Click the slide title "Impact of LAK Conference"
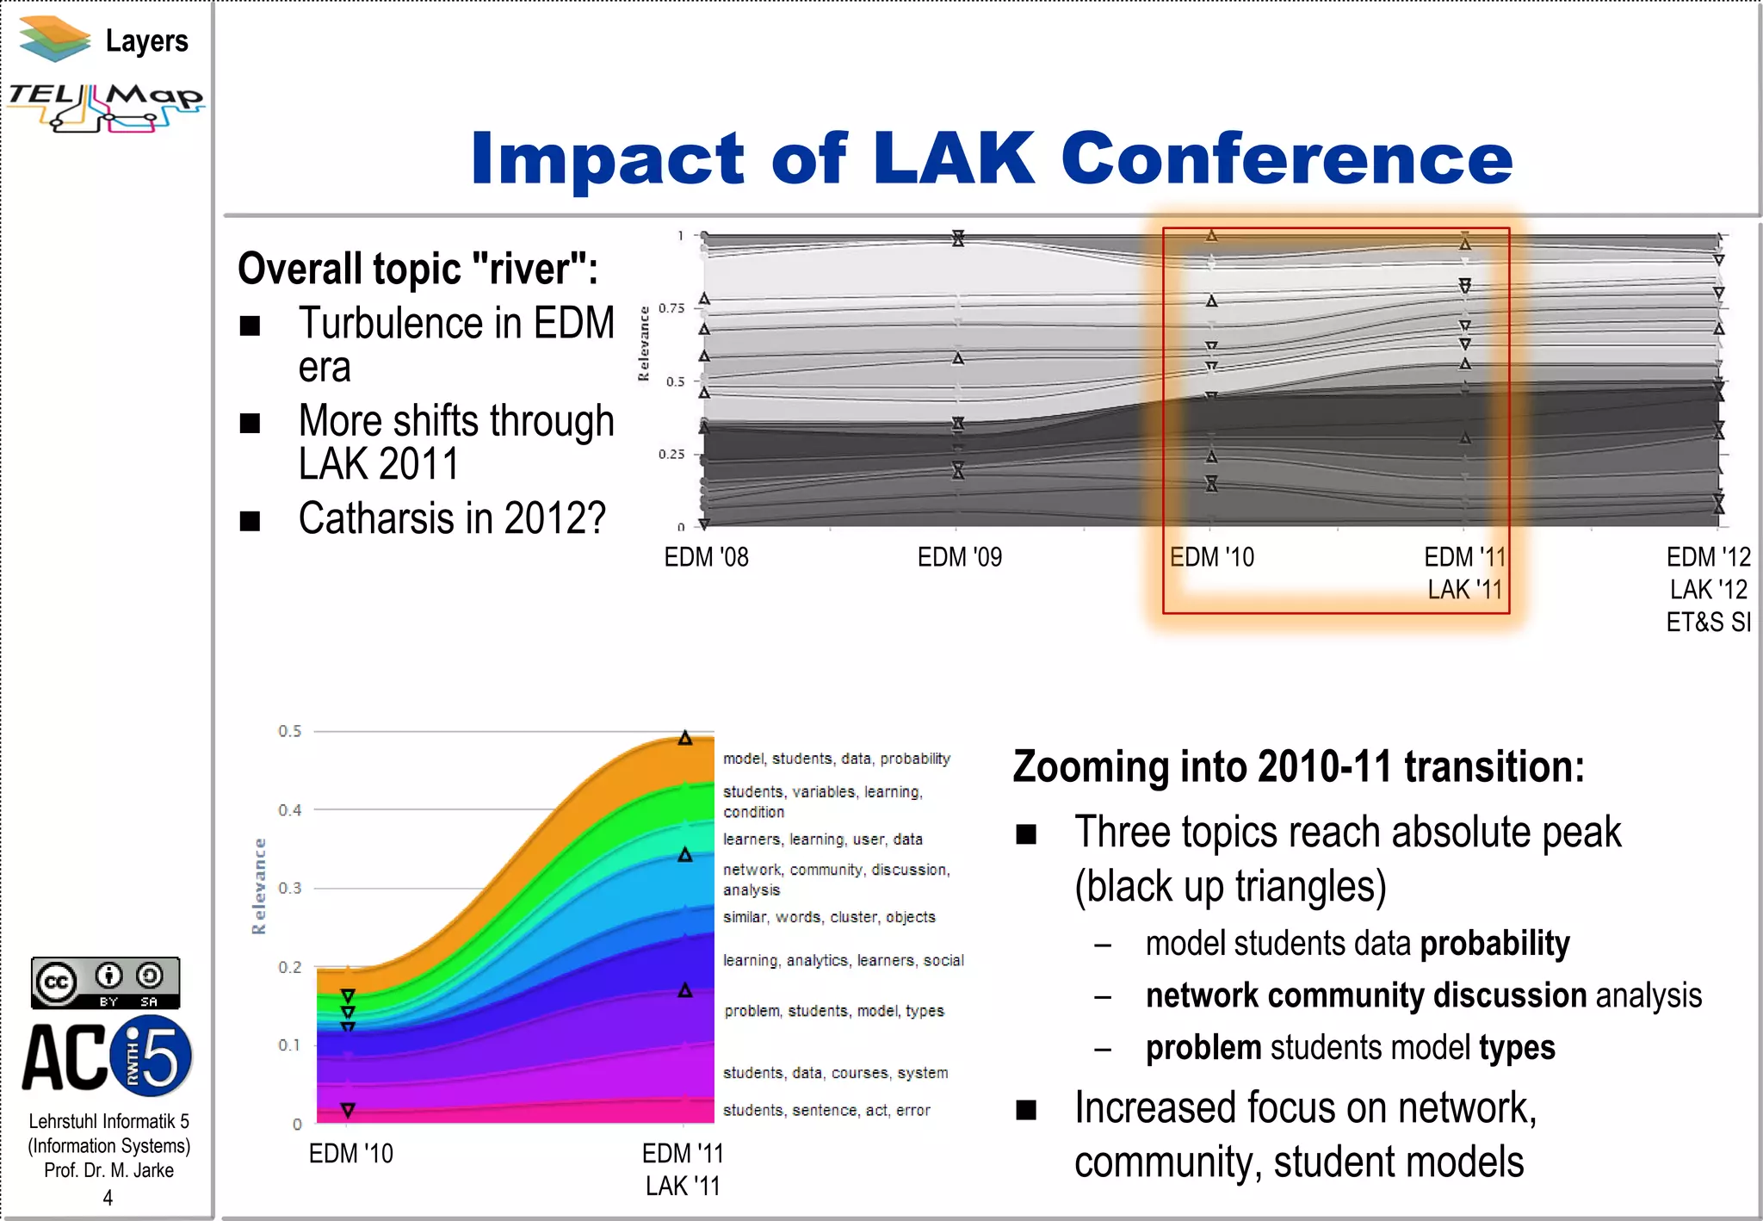click(x=991, y=158)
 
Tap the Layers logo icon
click(x=54, y=40)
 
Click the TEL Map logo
click(x=106, y=107)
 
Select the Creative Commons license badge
click(x=105, y=982)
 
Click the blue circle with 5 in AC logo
click(x=154, y=1056)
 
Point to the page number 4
click(x=108, y=1198)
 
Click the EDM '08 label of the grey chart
click(x=706, y=558)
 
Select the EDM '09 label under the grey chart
click(x=959, y=558)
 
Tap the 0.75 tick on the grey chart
click(x=671, y=308)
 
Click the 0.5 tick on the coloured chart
click(x=290, y=731)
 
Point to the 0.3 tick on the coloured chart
click(x=290, y=888)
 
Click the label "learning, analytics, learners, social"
click(x=843, y=960)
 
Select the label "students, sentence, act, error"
click(x=826, y=1110)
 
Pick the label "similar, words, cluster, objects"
click(x=828, y=917)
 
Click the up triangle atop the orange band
click(x=685, y=738)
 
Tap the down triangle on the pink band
click(x=348, y=1110)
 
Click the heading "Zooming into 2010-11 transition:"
click(x=1298, y=766)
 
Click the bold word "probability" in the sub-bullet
click(x=1494, y=944)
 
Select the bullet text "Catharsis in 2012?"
click(x=452, y=518)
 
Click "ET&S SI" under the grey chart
click(x=1708, y=622)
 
